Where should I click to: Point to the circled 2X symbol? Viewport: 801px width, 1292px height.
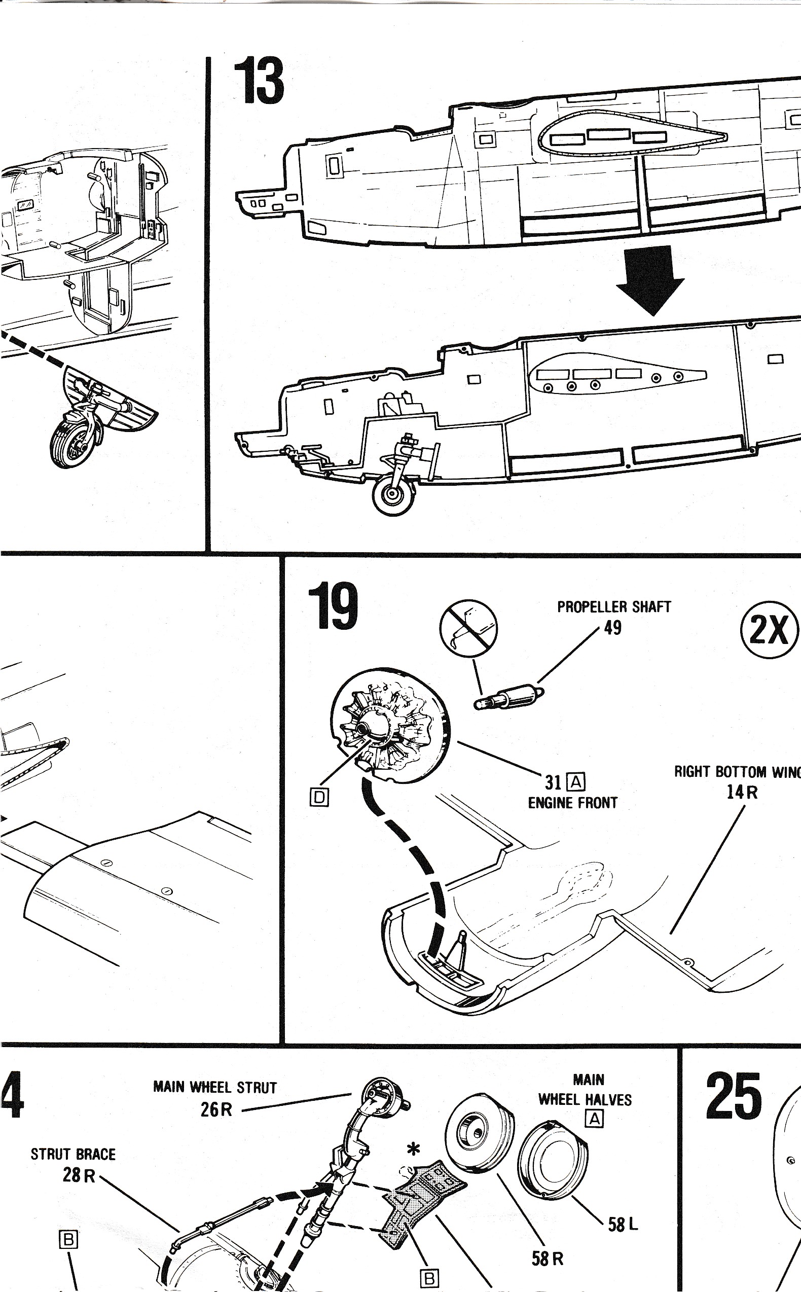[x=769, y=629]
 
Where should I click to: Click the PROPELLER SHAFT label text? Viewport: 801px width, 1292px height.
[x=613, y=607]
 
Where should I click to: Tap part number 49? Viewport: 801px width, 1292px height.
[x=612, y=628]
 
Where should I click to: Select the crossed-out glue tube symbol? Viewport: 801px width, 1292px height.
[x=468, y=628]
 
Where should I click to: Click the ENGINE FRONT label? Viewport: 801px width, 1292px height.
[x=573, y=803]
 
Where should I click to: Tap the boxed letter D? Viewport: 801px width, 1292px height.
[x=319, y=797]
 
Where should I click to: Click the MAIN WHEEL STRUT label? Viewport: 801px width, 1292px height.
[x=214, y=1088]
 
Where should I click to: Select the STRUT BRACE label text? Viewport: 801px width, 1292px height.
[x=73, y=1154]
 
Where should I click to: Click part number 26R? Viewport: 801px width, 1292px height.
[x=216, y=1109]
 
